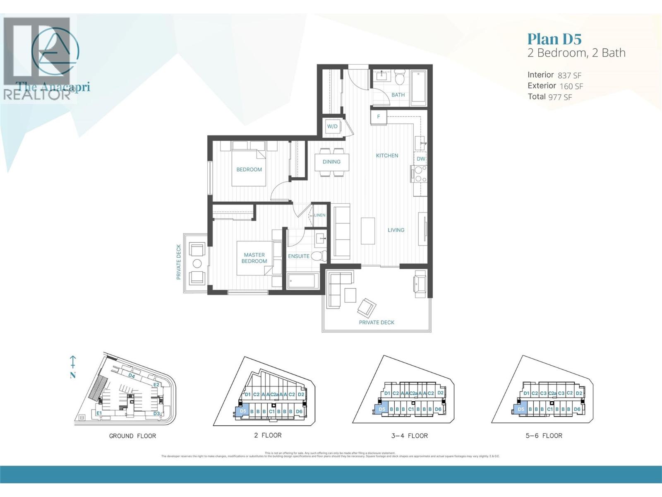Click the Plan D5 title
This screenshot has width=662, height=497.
(554, 39)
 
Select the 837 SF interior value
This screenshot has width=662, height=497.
(569, 75)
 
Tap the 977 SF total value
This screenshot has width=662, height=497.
(560, 97)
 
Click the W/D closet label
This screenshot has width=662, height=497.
(332, 127)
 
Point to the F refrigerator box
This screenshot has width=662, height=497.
(379, 117)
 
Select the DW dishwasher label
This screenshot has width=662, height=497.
(420, 159)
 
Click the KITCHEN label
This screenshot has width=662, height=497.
(387, 156)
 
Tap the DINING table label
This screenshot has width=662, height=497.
(331, 162)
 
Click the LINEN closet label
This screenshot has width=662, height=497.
(320, 215)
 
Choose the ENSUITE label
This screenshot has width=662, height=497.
(299, 256)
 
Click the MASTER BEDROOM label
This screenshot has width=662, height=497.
(254, 258)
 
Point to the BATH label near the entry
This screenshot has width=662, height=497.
(398, 95)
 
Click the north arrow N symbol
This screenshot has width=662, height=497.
(73, 367)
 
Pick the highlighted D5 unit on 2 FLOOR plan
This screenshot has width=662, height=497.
(242, 411)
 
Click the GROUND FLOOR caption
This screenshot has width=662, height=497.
(132, 436)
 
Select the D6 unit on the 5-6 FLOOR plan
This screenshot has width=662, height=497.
(577, 409)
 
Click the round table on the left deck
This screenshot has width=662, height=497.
(197, 263)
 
